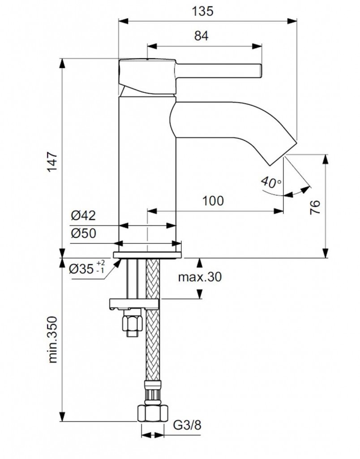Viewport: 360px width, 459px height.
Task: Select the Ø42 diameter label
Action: coord(83,216)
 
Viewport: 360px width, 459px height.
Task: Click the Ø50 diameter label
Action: coord(83,234)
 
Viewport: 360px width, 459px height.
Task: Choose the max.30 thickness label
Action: coord(200,277)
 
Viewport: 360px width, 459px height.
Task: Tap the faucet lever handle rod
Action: coord(218,71)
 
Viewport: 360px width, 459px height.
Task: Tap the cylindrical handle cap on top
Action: coord(146,71)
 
